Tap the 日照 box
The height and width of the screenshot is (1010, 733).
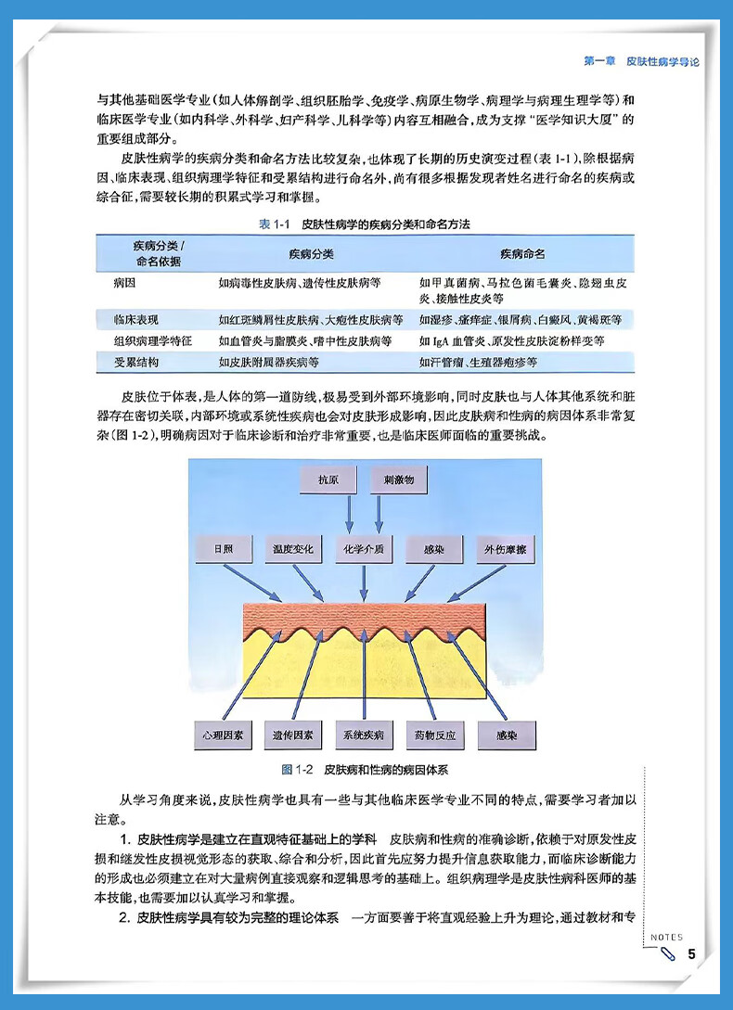tap(223, 549)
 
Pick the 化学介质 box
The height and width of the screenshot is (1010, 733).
tap(364, 549)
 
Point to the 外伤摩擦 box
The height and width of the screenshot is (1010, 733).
tap(506, 549)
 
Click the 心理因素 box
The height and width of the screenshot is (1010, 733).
tap(223, 735)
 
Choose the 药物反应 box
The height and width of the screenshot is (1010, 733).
tap(434, 735)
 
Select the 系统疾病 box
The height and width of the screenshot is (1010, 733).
tap(364, 735)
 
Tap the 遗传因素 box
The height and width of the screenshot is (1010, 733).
tap(293, 735)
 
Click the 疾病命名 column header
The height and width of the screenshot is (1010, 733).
tap(522, 253)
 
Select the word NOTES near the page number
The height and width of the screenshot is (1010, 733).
tap(666, 938)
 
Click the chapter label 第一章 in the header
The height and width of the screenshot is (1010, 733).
tap(600, 60)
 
